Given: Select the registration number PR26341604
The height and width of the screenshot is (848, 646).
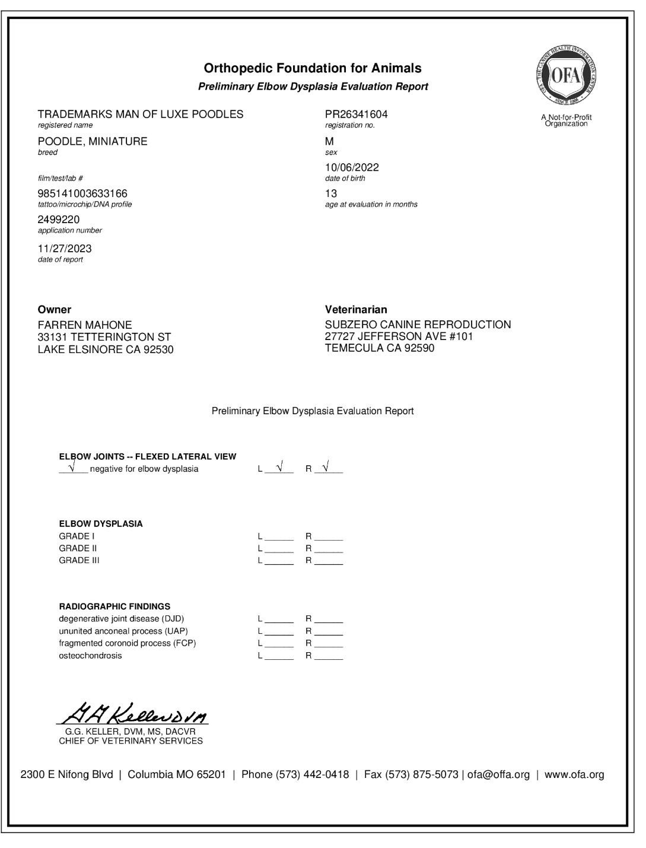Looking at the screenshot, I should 356,114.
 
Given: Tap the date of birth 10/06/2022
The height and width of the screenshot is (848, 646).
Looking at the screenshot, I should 352,167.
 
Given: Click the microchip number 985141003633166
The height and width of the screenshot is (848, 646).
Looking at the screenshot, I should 82,193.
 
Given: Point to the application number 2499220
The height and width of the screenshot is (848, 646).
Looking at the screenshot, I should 59,220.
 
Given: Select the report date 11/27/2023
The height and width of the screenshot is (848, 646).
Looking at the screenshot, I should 65,249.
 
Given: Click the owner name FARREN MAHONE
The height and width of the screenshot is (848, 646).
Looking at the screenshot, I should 85,325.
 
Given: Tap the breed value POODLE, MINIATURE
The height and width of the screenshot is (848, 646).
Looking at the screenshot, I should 93,141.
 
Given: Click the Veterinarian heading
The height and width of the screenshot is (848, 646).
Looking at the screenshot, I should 356,309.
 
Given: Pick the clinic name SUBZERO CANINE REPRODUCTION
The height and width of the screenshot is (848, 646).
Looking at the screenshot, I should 418,325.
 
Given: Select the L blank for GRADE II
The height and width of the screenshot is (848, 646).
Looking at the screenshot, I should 279,549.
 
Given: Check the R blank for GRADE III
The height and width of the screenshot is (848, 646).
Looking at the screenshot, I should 329,561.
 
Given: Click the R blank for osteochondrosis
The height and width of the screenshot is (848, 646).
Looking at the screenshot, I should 329,656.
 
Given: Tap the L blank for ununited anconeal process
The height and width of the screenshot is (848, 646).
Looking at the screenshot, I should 279,632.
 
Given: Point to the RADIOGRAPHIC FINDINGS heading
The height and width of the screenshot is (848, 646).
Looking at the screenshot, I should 114,606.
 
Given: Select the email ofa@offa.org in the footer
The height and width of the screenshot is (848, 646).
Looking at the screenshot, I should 498,774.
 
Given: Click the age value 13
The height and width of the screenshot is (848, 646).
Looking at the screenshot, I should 331,193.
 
